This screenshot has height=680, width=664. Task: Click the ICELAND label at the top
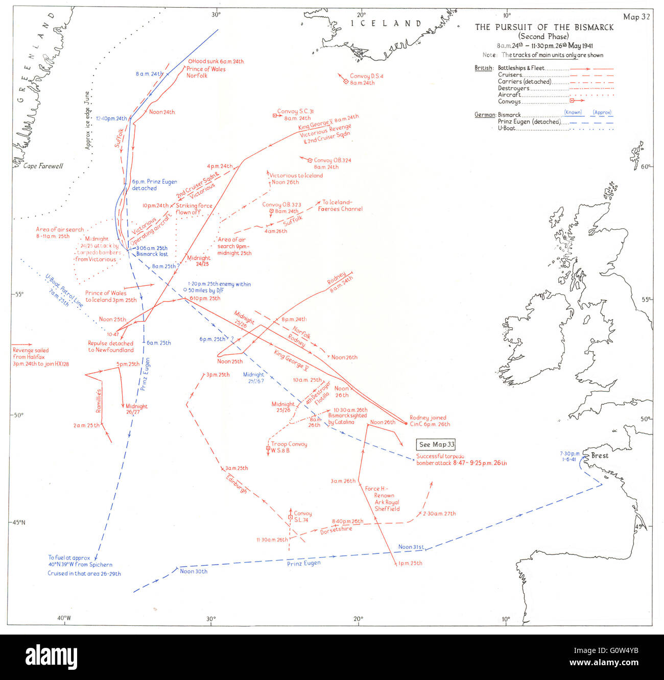pos(386,23)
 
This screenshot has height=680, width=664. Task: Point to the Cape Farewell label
pos(43,166)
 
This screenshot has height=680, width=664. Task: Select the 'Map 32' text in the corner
pos(636,17)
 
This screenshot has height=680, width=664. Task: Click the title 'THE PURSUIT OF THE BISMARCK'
pos(544,27)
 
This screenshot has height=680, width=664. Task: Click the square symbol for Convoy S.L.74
pos(290,518)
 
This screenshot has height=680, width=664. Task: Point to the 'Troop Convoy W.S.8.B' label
pos(289,447)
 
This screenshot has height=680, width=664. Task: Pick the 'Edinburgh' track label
pos(238,483)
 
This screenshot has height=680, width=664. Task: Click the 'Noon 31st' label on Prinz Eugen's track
pos(411,547)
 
